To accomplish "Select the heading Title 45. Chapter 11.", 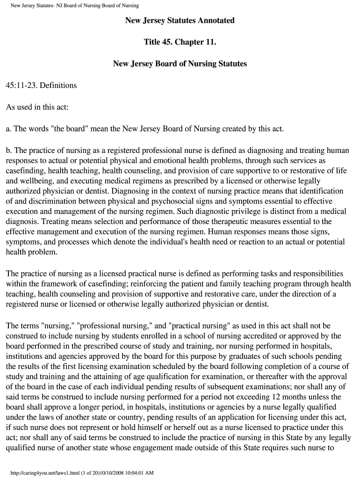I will [x=180, y=42].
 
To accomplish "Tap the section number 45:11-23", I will [x=22, y=86].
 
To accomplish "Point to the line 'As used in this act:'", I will [x=37, y=107].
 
